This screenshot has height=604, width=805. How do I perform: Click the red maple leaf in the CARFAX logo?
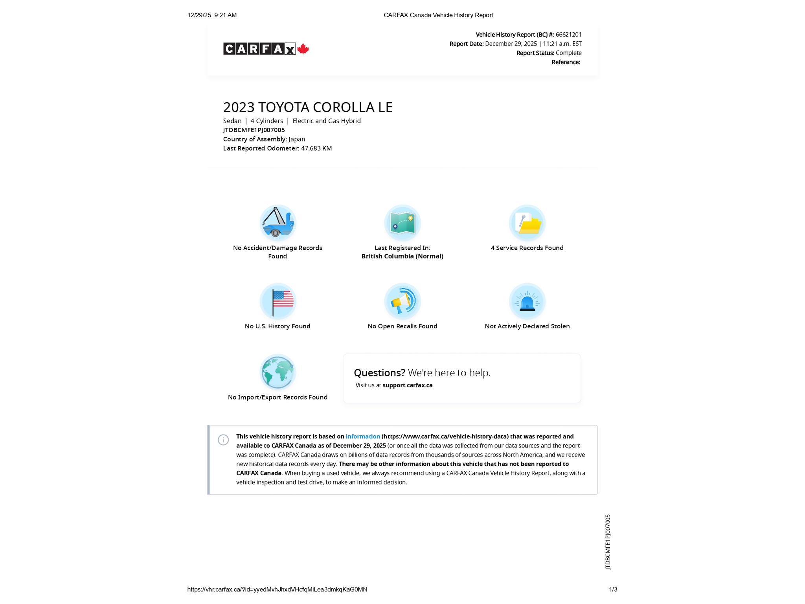click(x=303, y=49)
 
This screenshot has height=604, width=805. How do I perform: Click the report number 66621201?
click(x=568, y=35)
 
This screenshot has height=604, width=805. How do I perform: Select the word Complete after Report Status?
click(x=568, y=53)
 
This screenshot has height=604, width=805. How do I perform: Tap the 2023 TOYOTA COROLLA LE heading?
click(x=308, y=107)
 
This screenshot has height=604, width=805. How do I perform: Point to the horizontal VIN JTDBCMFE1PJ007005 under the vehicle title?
click(x=254, y=130)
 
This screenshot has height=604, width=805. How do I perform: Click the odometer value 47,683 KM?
click(x=316, y=148)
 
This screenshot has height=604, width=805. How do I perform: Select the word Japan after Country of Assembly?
click(x=297, y=139)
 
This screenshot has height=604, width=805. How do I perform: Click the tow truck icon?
click(x=278, y=223)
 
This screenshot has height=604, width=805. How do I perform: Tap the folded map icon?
click(x=402, y=223)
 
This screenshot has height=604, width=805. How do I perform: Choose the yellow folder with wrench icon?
click(x=527, y=223)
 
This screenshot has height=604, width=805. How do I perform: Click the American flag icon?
click(x=278, y=301)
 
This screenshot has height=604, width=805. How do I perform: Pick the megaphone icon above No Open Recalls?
click(x=402, y=301)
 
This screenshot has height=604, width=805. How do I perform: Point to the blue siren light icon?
click(x=527, y=301)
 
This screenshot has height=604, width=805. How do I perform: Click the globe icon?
click(x=278, y=372)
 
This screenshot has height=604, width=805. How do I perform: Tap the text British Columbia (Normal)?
click(x=402, y=256)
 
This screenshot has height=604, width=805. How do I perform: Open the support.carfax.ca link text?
click(x=408, y=385)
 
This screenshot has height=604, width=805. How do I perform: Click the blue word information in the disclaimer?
click(x=363, y=436)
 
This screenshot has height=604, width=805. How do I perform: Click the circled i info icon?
click(x=223, y=440)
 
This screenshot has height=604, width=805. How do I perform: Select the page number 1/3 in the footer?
click(x=613, y=589)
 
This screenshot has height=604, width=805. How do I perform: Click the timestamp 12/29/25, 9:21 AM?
click(x=212, y=15)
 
